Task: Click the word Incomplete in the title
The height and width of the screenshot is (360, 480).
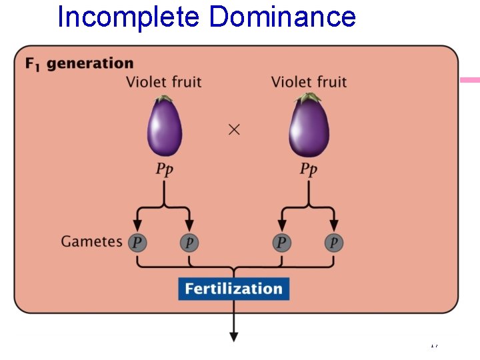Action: point(128,17)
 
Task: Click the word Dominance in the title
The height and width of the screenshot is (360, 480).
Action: point(282,17)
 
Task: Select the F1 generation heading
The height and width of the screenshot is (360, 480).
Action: point(79,63)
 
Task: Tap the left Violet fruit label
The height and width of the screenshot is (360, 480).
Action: point(163,82)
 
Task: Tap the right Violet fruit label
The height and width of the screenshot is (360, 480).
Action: point(309,82)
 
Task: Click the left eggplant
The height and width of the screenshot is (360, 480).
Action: point(165,128)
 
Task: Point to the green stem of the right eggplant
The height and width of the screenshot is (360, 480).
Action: point(308,99)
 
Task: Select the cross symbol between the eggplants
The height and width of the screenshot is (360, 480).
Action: point(234,130)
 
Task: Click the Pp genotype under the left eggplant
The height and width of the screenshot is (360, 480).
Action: point(164,169)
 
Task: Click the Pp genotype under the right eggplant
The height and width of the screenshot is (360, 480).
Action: point(308,169)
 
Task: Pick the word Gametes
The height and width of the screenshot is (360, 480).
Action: point(91,241)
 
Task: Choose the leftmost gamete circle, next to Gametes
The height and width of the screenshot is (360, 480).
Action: point(137,242)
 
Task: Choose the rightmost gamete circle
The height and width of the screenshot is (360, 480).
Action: point(333,242)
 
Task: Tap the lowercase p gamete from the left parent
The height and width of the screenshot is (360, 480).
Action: point(189,242)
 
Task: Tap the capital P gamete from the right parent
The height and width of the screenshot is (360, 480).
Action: point(281,242)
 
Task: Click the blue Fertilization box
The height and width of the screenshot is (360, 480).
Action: point(233,289)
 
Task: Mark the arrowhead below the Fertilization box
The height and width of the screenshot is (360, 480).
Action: point(234,336)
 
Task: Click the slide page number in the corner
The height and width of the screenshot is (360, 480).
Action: point(434,345)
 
